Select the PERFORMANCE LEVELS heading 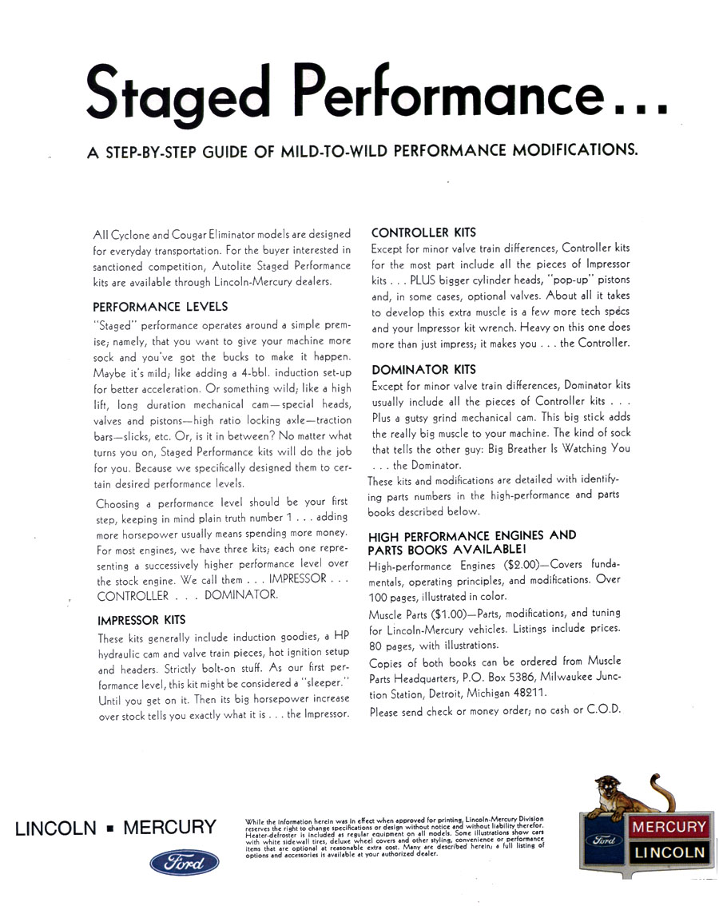(161, 306)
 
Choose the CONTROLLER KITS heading (423, 232)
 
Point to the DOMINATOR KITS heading (423, 369)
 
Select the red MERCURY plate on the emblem (669, 828)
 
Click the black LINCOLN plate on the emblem (669, 852)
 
